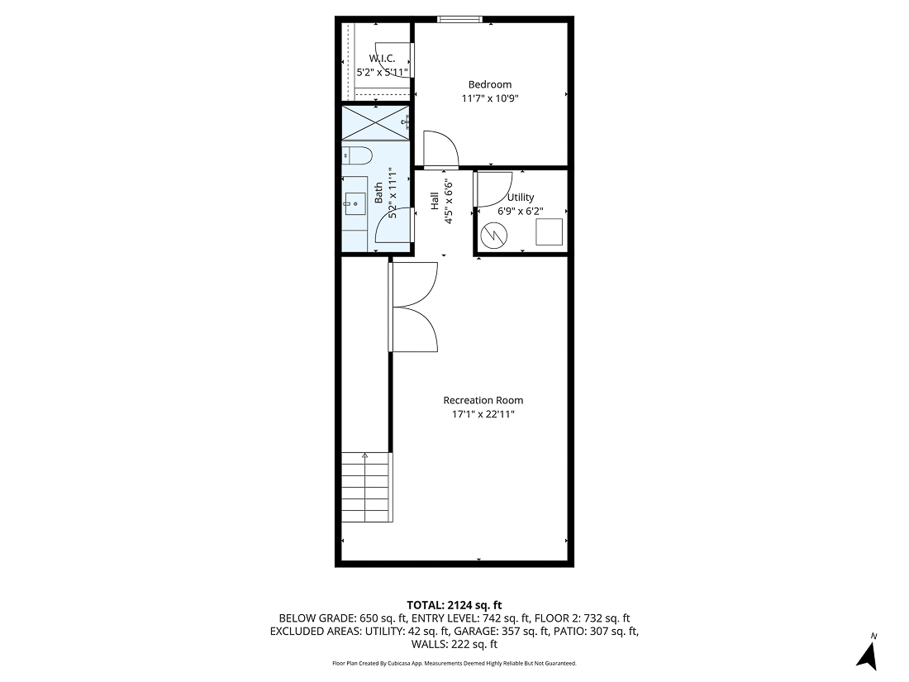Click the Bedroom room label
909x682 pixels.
pos(489,84)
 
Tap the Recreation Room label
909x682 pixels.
pos(483,400)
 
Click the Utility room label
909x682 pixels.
pos(521,198)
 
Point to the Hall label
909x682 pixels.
pos(434,201)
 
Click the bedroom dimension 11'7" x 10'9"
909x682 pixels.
pos(489,98)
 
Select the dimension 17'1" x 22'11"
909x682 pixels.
pos(483,414)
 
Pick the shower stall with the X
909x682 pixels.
pos(376,122)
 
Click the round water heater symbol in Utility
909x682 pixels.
pos(494,235)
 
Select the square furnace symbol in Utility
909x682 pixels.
pos(550,231)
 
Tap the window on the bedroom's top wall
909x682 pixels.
pos(460,20)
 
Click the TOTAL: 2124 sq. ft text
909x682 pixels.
pos(454,605)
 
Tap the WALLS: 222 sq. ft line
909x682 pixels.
pos(454,644)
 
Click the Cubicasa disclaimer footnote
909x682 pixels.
pos(454,664)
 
